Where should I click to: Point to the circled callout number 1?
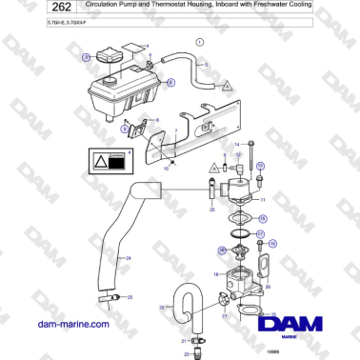pyautogui.click(x=199, y=43)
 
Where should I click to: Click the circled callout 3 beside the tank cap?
pyautogui.click(x=87, y=59)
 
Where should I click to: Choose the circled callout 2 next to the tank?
pyautogui.click(x=170, y=83)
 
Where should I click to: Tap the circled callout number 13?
pyautogui.click(x=260, y=166)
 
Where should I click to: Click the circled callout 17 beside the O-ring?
pyautogui.click(x=260, y=232)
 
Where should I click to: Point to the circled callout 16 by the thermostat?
pyautogui.click(x=221, y=250)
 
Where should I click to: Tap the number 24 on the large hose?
pyautogui.click(x=102, y=258)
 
